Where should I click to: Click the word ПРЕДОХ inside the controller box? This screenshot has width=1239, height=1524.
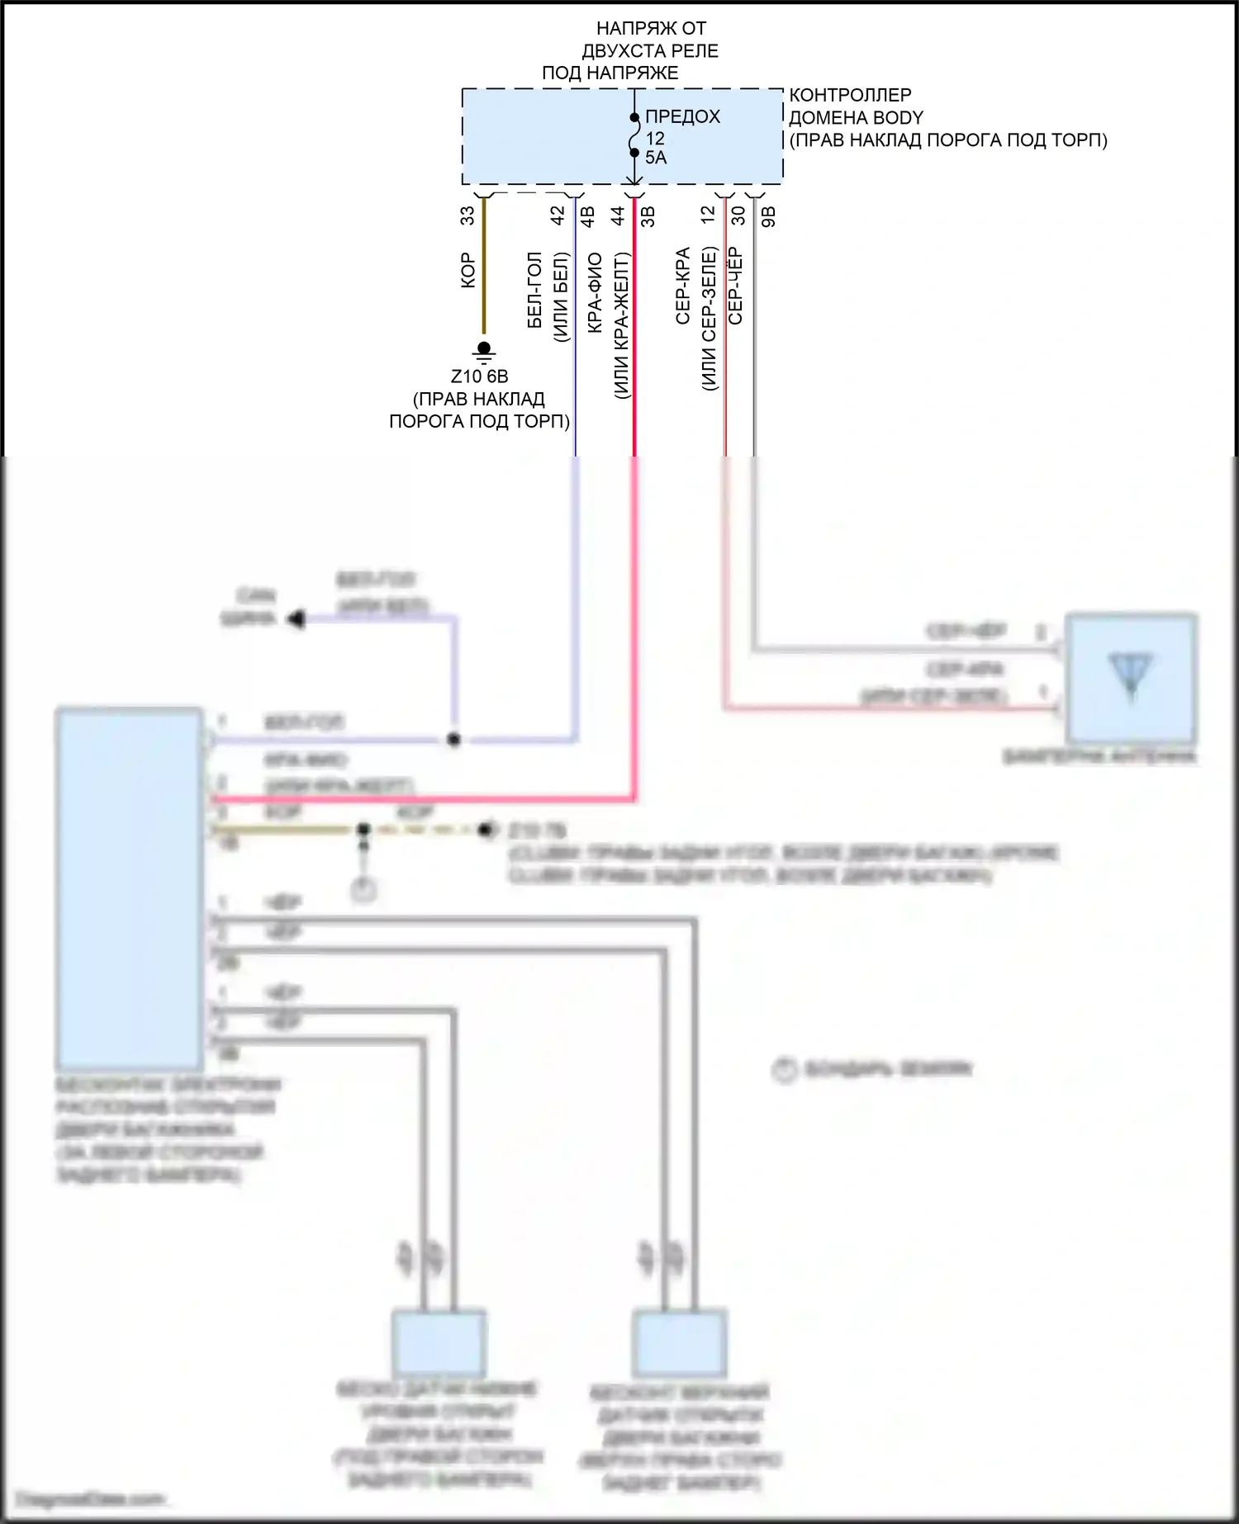(x=682, y=117)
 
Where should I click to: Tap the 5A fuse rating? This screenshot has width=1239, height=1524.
(x=656, y=158)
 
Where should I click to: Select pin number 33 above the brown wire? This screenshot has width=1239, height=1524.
(x=468, y=215)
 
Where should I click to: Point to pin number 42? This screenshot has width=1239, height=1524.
(x=558, y=215)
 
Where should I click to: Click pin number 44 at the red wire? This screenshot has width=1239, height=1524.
(x=618, y=215)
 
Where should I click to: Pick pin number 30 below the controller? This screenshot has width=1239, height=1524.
(x=738, y=215)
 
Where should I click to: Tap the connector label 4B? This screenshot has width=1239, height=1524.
(x=587, y=216)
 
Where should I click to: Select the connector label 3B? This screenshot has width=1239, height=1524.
(x=648, y=216)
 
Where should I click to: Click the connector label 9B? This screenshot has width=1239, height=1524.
(x=768, y=216)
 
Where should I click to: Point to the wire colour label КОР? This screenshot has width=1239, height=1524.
(x=468, y=271)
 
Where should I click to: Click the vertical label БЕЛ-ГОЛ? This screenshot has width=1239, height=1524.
(x=534, y=291)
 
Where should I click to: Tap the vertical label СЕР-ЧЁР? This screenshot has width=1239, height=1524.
(x=735, y=286)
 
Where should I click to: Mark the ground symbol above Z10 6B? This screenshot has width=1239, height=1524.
(x=484, y=353)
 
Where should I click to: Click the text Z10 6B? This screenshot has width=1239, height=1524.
(x=479, y=376)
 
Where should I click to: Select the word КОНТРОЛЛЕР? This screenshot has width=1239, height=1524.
(x=850, y=95)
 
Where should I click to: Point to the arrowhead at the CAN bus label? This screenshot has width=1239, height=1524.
(x=295, y=618)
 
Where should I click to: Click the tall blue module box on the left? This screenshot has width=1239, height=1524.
(x=130, y=888)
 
